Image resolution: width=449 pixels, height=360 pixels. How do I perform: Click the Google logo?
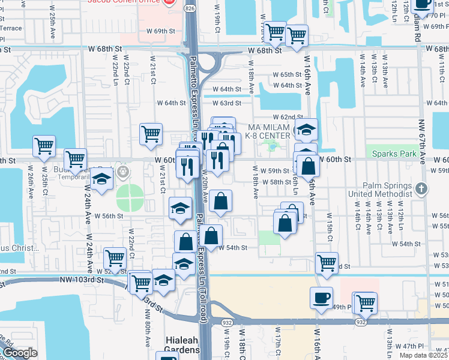[19, 353]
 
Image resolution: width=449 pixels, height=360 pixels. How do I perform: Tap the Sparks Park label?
[393, 154]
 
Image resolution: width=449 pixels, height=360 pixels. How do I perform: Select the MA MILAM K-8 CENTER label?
[270, 131]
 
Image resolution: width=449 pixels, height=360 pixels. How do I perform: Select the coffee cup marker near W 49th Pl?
[321, 297]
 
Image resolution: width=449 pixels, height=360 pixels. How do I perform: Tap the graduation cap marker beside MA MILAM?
[306, 130]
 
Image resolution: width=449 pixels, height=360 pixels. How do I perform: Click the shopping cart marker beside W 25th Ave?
[44, 146]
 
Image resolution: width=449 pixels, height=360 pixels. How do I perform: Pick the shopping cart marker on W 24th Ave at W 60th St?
[76, 159]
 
